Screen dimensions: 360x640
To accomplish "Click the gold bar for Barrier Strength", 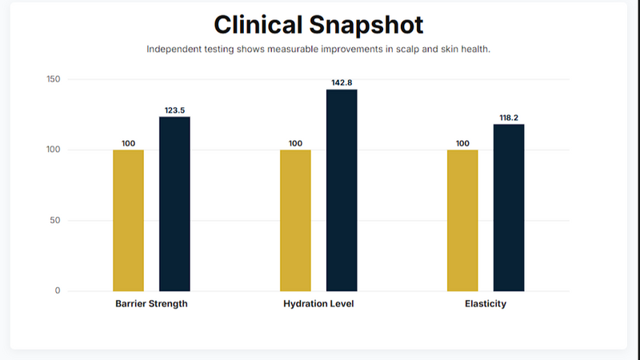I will (128, 220).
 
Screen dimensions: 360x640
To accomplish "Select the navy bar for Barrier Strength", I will (174, 204).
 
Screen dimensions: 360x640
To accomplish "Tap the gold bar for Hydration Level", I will (295, 220).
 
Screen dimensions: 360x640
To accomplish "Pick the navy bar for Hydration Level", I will (342, 190).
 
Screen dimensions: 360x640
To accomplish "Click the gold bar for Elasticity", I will (462, 220).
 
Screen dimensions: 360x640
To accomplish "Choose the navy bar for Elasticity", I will (509, 208).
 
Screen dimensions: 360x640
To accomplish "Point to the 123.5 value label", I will (174, 110).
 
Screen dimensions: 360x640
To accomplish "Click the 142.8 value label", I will (342, 82).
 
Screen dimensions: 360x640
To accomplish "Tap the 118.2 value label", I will (509, 118).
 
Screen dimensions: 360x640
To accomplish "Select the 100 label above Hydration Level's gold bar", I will (295, 143).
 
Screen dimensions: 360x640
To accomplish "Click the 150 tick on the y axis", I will (53, 79).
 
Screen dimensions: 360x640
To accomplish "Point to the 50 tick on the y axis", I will (55, 220).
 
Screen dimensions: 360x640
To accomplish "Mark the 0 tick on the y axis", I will (58, 290).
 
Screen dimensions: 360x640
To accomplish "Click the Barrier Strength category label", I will (151, 305).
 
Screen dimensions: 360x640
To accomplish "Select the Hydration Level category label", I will (318, 305).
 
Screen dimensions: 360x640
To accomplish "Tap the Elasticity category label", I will (486, 305).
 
